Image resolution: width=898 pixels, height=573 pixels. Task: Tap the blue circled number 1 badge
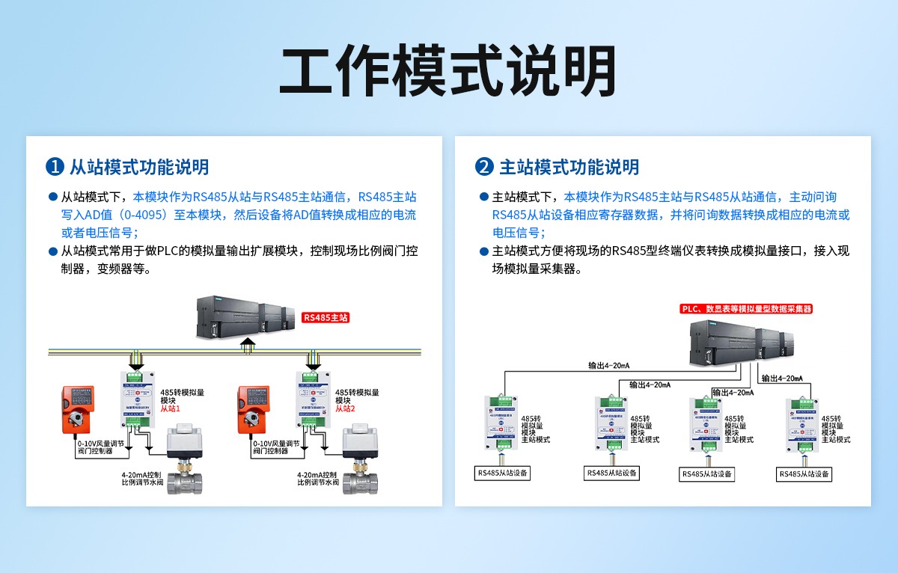click(54, 167)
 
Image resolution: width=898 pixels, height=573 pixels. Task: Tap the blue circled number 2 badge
click(485, 167)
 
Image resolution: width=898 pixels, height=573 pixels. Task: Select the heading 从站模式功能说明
click(138, 167)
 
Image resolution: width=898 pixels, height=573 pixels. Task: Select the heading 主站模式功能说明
click(569, 167)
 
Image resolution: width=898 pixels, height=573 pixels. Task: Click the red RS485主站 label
click(326, 317)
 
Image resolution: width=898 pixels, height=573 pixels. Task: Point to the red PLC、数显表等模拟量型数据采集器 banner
click(746, 309)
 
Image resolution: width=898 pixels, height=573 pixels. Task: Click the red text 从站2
click(346, 409)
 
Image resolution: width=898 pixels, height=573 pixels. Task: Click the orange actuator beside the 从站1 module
click(79, 410)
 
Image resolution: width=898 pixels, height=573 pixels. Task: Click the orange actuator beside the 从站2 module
click(254, 410)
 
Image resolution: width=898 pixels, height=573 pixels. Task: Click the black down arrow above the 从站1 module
click(136, 360)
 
